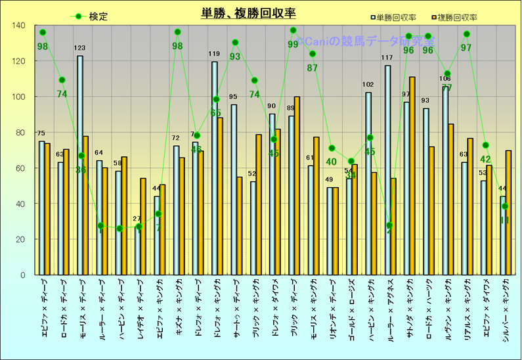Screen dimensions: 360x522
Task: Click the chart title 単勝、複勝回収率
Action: tap(249, 13)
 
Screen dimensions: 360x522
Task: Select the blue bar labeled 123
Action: tap(80, 164)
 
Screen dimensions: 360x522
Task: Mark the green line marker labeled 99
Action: tap(293, 30)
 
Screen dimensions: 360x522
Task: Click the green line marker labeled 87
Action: tap(313, 54)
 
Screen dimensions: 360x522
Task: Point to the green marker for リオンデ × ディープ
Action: tap(332, 148)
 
